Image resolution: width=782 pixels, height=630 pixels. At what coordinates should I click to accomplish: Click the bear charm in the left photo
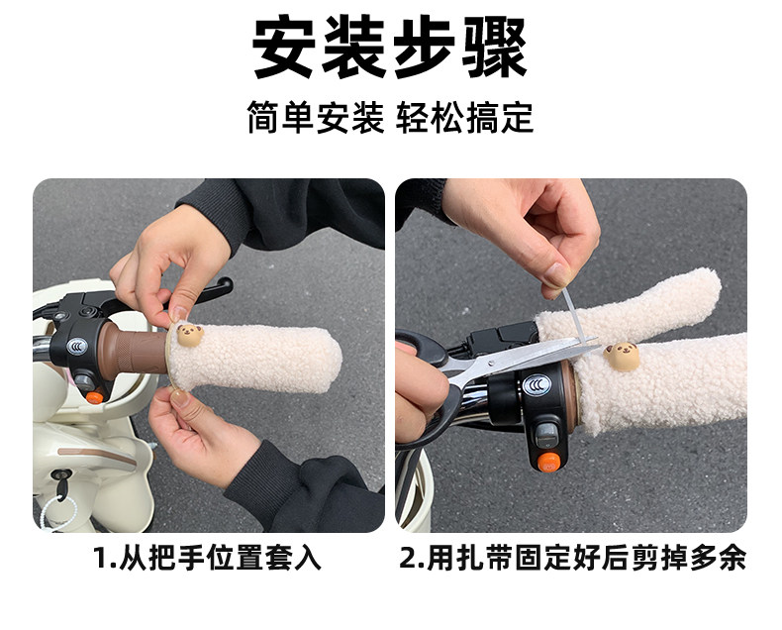pos(189,335)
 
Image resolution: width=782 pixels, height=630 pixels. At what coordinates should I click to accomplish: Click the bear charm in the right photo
pos(622,356)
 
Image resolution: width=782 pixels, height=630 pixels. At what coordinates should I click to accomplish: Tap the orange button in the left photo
pos(94,397)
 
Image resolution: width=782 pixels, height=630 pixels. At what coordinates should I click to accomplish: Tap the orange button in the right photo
pos(548,462)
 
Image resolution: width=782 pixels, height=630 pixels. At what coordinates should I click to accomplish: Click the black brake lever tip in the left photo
pos(225,286)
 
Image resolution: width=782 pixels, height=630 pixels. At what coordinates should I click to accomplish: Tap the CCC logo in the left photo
pos(77,346)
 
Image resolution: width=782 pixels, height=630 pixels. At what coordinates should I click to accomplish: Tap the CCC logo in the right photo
pos(537,385)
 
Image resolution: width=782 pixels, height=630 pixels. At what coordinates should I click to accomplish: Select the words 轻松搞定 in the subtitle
pos(465,118)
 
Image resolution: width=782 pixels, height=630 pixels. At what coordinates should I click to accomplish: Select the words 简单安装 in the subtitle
pos(316,118)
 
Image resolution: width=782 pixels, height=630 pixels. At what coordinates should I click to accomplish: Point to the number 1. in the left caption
pos(104,558)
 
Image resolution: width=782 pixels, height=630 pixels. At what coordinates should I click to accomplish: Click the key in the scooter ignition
pos(61,484)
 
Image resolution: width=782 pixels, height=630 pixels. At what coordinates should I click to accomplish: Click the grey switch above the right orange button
pos(546,436)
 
